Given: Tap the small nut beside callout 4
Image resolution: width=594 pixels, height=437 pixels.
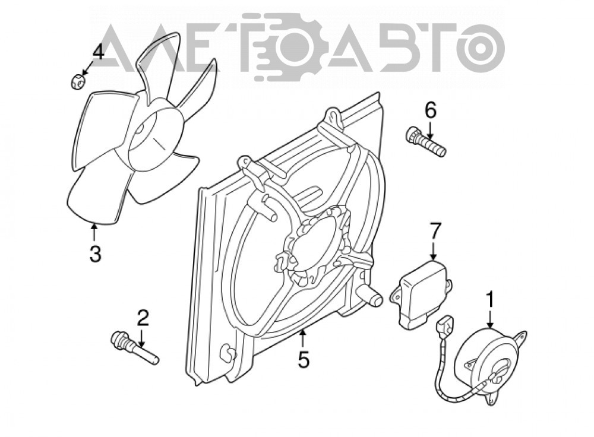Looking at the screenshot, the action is tap(78, 81).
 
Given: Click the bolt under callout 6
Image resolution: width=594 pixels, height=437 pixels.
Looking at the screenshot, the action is tap(425, 142).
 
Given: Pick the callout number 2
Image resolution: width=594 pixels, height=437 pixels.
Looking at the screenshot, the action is tap(143, 318).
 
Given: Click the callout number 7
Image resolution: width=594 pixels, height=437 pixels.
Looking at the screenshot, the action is tap(435, 232).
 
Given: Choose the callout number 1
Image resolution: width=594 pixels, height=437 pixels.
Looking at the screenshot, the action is tap(490, 299).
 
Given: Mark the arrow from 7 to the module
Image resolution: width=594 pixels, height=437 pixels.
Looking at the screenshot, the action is tap(434, 250).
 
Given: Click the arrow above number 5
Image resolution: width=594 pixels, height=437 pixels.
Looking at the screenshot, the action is tap(303, 339).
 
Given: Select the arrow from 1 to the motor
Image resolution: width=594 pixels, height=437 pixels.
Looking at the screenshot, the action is tap(490, 318).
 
